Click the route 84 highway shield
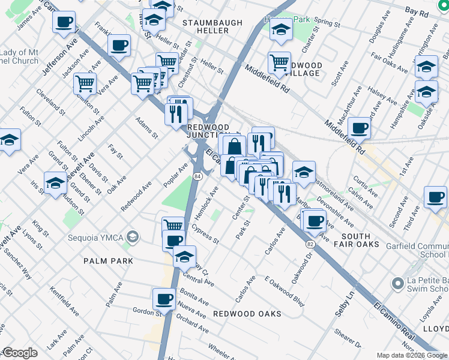click(197, 175)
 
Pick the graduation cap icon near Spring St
click(280, 29)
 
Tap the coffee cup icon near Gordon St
click(164, 298)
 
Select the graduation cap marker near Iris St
click(55, 182)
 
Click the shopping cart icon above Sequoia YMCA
click(173, 226)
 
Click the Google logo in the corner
click(20, 353)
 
